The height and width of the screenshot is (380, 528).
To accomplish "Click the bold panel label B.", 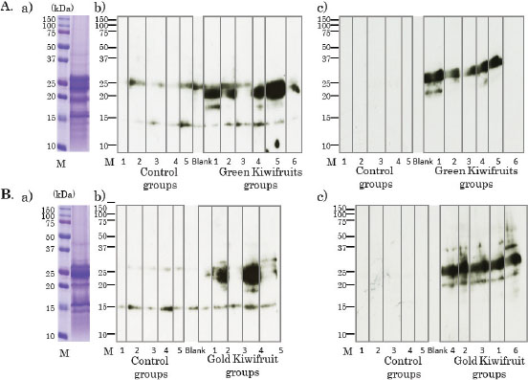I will (x=9, y=196).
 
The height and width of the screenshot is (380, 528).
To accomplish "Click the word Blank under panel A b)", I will (x=201, y=162).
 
